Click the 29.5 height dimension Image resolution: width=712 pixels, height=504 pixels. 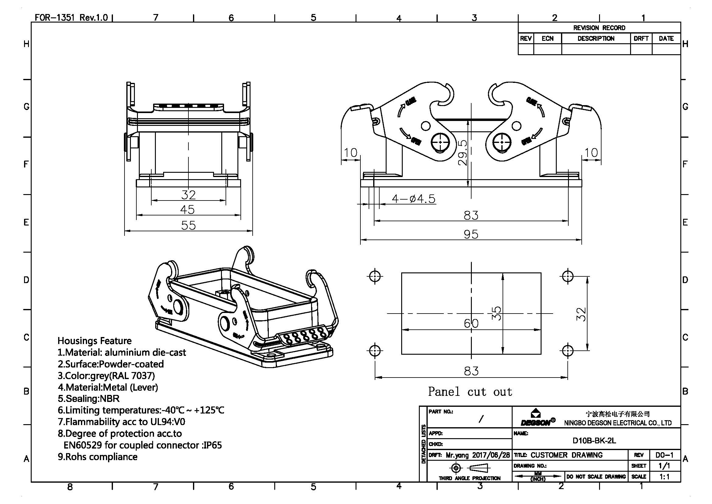pos(462,152)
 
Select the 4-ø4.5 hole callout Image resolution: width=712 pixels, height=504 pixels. pos(413,199)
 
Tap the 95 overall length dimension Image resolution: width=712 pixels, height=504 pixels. pos(471,234)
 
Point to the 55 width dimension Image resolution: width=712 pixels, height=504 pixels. pos(188,225)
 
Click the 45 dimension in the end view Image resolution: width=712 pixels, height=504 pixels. pos(187,210)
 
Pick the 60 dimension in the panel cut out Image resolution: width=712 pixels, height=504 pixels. pos(471,324)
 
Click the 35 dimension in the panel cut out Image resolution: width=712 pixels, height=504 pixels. pos(496,314)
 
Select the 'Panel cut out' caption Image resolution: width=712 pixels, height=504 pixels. pos(470,392)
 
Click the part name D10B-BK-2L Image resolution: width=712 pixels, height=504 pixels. pos(594,441)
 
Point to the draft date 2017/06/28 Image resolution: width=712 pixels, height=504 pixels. pos(491,455)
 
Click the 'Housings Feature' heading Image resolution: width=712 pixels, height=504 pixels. pos(95,341)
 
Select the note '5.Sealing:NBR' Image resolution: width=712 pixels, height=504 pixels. pos(89,399)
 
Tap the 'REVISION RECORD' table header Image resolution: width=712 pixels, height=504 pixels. pos(599,28)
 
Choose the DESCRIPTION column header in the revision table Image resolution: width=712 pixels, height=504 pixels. pos(596,38)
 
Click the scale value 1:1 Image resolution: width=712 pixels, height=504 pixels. pos(664,477)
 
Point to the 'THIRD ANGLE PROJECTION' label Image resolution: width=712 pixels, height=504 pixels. pos(469,478)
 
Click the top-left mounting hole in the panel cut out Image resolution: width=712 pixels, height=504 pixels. pos(375,275)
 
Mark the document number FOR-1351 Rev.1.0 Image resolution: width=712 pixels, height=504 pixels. pos(71,17)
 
